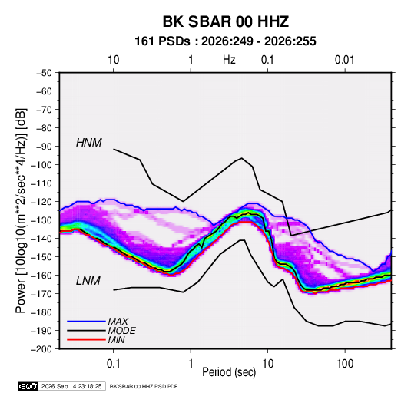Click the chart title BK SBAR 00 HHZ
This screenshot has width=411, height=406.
click(226, 21)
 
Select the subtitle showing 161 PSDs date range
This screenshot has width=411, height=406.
click(225, 41)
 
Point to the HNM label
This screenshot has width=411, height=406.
click(89, 143)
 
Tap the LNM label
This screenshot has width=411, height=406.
click(88, 281)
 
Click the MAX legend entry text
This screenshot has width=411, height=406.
click(118, 322)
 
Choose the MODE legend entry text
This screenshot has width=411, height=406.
click(122, 331)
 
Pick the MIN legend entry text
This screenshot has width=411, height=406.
click(116, 340)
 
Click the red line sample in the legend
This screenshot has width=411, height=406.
click(86, 340)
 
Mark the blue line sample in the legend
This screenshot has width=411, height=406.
click(86, 322)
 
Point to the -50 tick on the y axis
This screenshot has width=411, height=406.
click(44, 73)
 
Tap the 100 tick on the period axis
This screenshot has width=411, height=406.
click(345, 364)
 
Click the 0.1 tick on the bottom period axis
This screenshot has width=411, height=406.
click(113, 364)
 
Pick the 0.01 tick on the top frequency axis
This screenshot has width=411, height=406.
click(345, 60)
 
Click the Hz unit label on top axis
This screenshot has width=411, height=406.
click(229, 60)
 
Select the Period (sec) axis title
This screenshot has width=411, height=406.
click(229, 372)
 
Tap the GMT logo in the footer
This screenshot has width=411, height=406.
click(28, 386)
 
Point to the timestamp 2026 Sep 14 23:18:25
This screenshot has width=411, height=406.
click(71, 386)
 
